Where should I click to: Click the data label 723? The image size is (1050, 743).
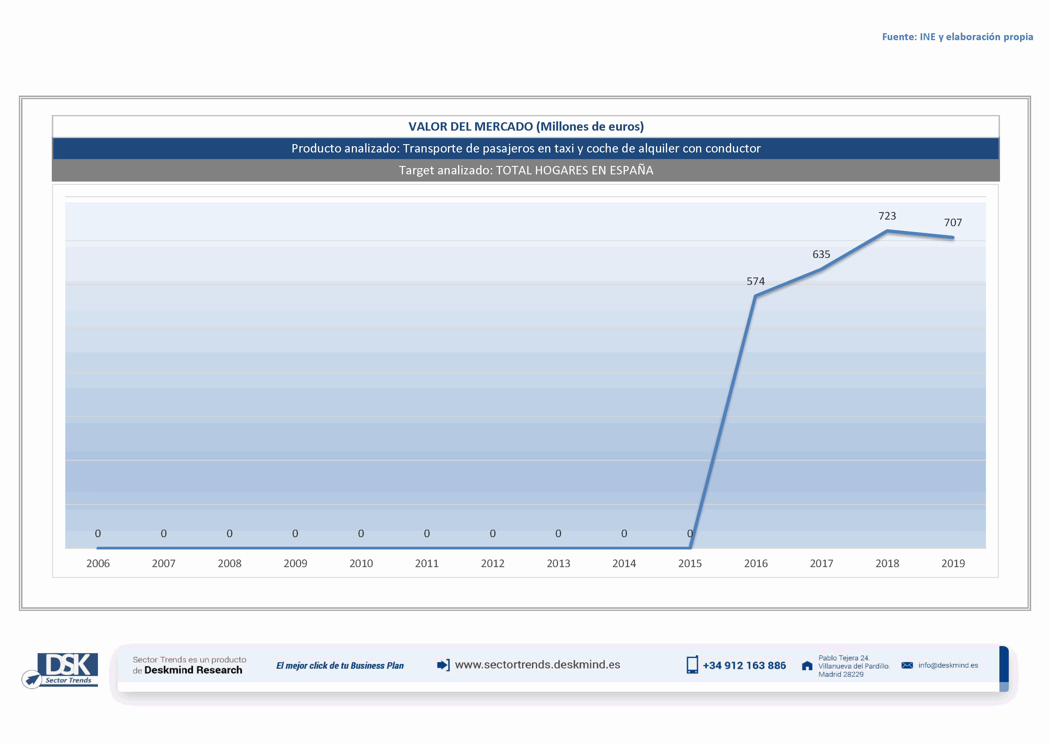887,216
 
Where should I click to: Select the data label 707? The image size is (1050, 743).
953,223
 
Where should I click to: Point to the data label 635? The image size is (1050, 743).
821,254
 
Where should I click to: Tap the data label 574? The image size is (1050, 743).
755,281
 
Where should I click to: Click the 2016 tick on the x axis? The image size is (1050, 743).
755,563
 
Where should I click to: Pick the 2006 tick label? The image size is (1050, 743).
98,563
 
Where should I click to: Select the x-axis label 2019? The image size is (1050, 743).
953,563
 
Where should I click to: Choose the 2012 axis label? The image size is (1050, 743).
493,563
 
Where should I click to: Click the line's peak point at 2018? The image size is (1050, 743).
887,231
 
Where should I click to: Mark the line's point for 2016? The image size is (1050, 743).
755,296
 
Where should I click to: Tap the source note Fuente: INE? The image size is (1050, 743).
957,37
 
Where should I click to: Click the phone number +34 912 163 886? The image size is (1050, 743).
744,666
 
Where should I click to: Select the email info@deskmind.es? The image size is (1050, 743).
948,665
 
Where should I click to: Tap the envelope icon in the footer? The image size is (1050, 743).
907,665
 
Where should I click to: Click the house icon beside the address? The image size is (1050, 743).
807,666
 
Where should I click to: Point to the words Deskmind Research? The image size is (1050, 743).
193,670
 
